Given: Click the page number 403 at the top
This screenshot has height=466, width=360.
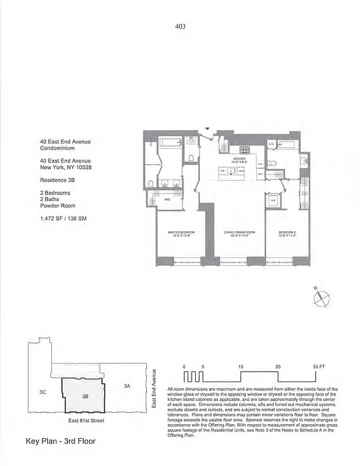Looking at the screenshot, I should [x=180, y=26].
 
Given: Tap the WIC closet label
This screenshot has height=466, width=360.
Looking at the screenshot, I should [x=167, y=200].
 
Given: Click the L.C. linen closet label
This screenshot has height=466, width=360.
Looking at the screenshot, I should [x=271, y=143].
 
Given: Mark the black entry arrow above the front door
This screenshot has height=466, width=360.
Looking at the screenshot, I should [x=208, y=129].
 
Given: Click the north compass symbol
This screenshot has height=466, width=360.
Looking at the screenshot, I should [x=322, y=298].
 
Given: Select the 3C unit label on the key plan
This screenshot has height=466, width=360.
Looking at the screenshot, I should [x=43, y=392].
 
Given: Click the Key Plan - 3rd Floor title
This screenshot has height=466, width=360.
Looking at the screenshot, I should [x=61, y=441].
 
